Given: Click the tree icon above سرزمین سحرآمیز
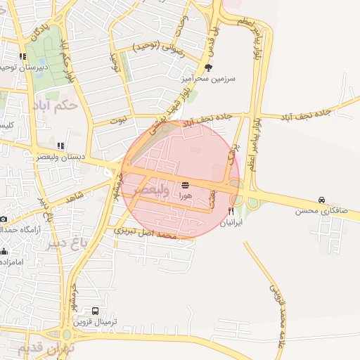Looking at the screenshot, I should coord(208,67).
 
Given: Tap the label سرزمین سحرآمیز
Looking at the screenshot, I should coord(208,79).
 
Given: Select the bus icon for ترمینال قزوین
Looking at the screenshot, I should coord(96,310).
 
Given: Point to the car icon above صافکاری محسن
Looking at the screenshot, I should coord(322,200).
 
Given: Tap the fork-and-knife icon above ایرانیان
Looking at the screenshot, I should coord(231,211).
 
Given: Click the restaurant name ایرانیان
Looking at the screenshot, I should coord(231,222).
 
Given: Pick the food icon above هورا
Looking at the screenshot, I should coord(185,184).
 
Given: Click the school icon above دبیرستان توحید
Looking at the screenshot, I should coord(23,56).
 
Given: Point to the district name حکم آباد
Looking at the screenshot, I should coord(53,105).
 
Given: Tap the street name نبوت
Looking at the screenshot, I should coord(103,120).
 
